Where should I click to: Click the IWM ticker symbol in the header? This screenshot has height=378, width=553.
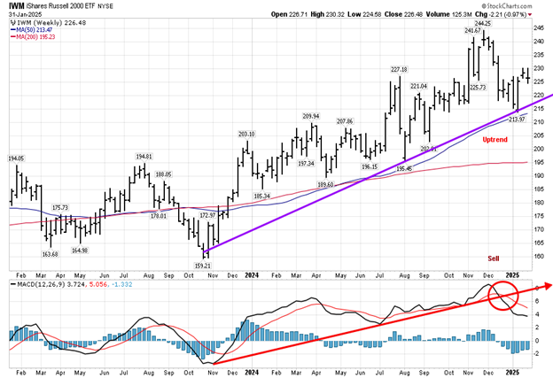[17, 4]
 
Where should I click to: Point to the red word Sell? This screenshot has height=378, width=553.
[494, 258]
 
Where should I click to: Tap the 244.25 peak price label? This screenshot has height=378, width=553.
[484, 24]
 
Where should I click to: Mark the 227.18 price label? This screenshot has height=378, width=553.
[398, 69]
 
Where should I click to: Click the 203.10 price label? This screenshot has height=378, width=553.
[246, 134]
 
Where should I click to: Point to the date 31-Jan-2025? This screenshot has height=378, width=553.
[24, 13]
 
